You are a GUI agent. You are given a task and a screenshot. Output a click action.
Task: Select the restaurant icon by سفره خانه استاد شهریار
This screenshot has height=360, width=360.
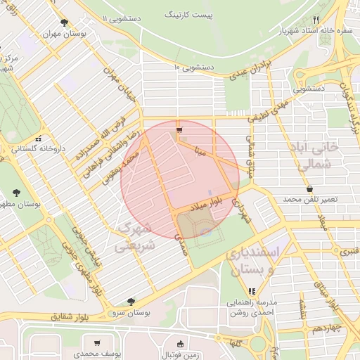point(316,20)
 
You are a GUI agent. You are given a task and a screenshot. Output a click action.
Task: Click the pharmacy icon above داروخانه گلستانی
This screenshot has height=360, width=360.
point(39,139)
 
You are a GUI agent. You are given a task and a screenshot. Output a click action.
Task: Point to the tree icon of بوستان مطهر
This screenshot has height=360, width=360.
point(16,192)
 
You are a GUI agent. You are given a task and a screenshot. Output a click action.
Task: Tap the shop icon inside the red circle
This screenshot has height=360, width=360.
point(179,130)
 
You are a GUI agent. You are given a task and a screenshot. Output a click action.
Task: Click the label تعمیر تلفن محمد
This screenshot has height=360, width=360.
point(310,200)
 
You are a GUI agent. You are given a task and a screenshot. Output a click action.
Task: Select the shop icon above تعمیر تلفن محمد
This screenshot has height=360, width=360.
point(310,188)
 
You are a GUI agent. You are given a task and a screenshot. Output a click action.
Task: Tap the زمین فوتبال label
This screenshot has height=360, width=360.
point(181,355)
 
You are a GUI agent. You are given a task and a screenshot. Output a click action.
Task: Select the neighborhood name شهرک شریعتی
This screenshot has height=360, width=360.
point(133,238)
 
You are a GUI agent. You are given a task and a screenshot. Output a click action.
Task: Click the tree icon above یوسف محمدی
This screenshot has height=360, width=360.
point(98,344)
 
